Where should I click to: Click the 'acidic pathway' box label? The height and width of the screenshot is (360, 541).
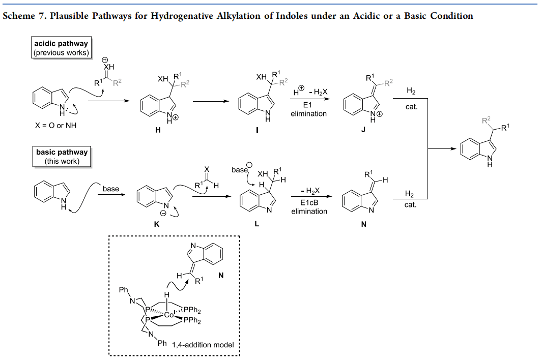point(61,44)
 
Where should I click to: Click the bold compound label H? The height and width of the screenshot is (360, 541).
point(158,130)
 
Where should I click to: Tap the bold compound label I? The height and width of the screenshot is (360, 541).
point(257,130)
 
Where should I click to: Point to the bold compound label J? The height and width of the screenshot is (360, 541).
point(363,130)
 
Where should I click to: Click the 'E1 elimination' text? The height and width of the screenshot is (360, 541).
point(308,109)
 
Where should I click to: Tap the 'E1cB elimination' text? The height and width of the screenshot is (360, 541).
point(309,207)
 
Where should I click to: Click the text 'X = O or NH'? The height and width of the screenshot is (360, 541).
point(55,126)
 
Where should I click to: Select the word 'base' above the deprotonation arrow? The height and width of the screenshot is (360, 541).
point(110,189)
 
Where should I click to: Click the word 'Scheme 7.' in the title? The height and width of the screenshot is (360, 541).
point(25,16)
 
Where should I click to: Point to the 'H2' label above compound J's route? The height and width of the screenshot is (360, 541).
point(411,91)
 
